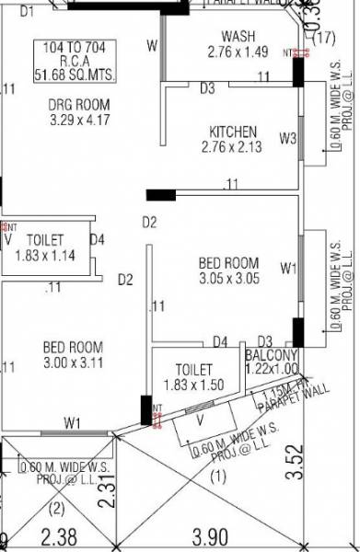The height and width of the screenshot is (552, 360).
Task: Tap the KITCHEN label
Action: point(233,132)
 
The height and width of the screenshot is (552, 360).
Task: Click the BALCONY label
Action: point(271,355)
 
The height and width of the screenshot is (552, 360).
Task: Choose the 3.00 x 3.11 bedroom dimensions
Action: point(73,363)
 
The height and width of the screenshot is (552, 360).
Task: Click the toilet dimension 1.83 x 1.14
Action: point(47,255)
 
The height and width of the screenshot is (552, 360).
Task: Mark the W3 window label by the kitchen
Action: point(287,140)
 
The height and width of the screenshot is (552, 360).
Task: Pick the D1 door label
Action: point(27,11)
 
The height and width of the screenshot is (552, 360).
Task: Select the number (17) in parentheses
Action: point(323,38)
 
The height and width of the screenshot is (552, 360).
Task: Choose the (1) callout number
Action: point(217,477)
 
